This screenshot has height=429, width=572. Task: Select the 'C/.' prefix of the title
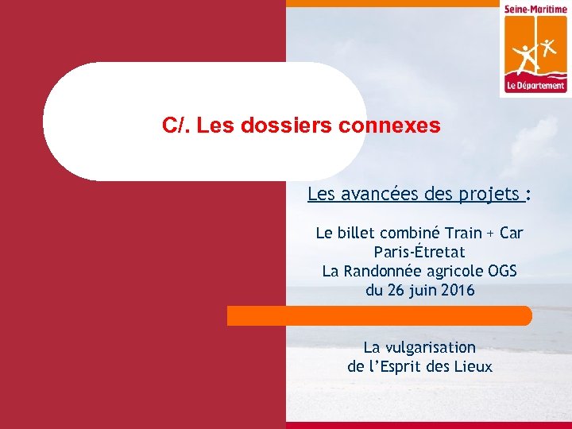tap(175, 126)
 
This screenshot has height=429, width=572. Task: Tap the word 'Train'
tap(462, 233)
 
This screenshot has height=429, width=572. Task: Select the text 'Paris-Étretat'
tap(419, 252)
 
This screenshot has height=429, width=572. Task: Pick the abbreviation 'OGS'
tap(500, 271)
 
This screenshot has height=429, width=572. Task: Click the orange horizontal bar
tap(380, 316)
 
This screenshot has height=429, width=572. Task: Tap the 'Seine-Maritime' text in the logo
tap(535, 9)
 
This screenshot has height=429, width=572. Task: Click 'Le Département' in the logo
tap(535, 86)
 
